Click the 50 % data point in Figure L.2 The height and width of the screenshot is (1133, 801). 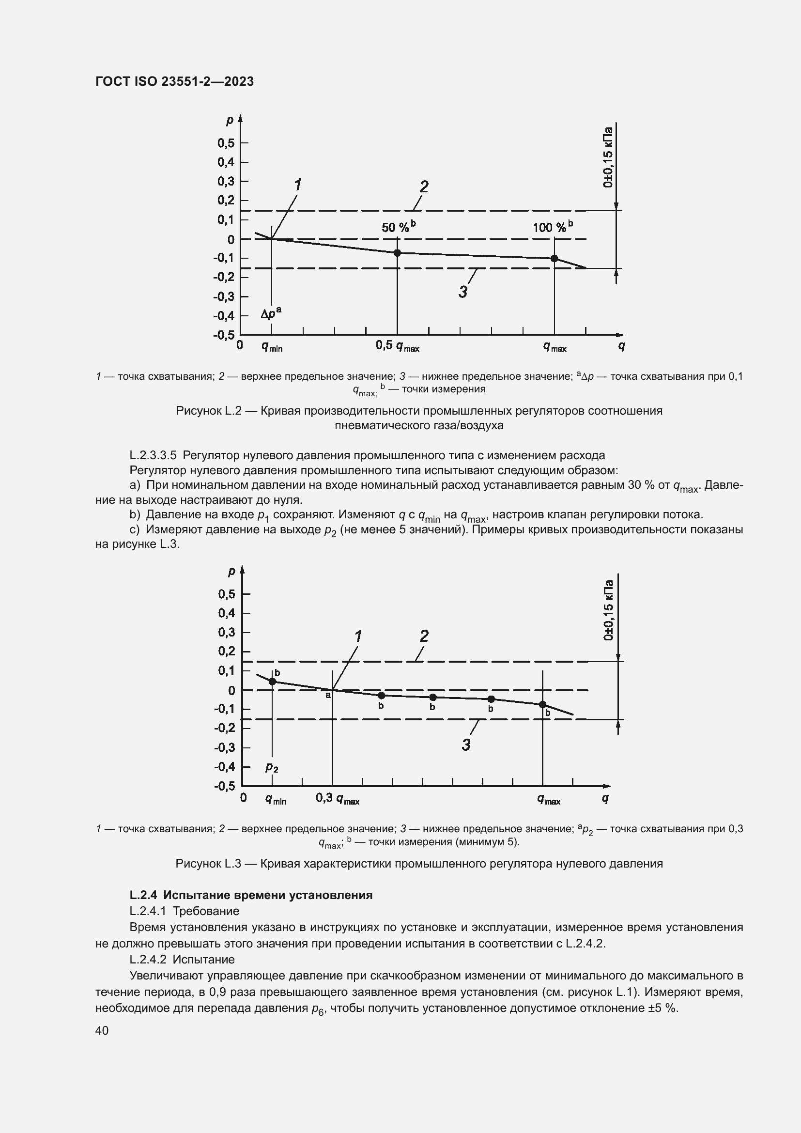tap(397, 253)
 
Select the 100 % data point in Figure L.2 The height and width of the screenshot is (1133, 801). tap(554, 258)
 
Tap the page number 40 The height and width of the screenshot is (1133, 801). tap(102, 1030)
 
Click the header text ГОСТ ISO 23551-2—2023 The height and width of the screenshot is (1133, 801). tap(175, 81)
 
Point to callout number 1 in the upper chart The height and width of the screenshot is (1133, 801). tap(298, 185)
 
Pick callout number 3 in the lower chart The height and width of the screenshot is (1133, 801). tap(466, 745)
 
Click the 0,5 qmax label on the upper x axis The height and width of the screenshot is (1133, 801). tap(397, 346)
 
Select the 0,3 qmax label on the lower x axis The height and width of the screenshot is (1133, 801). tap(338, 798)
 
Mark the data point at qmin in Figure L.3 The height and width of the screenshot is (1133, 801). tap(272, 682)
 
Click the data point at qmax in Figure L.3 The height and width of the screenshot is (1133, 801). tap(542, 704)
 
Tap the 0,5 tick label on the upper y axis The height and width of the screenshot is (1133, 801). tap(226, 143)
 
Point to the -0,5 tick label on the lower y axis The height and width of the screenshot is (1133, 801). tap(224, 786)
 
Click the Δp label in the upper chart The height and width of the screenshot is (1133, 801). tap(271, 314)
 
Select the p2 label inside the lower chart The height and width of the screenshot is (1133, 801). tap(272, 767)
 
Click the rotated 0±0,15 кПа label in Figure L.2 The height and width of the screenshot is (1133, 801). tap(608, 157)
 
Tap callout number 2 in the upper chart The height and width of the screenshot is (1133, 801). tap(424, 186)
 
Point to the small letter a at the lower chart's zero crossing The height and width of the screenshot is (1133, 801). tap(327, 695)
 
